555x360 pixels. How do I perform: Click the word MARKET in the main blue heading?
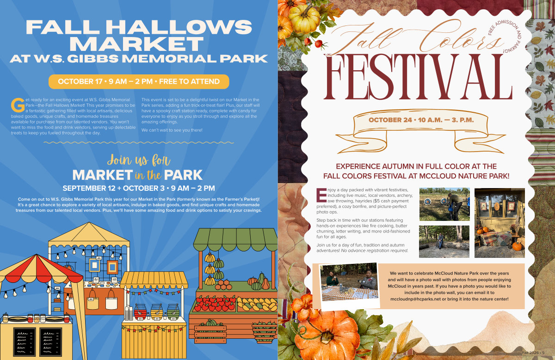click(136, 43)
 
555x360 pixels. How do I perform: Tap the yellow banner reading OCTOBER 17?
click(139, 81)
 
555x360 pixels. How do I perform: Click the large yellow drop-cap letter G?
click(18, 105)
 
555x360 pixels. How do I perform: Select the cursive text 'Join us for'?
click(139, 160)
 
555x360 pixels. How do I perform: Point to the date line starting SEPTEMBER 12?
click(139, 188)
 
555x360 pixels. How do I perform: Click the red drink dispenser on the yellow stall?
click(140, 312)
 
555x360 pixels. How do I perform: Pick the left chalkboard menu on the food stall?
click(24, 342)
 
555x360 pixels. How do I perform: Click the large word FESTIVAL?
click(418, 77)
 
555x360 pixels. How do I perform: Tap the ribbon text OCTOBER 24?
click(421, 120)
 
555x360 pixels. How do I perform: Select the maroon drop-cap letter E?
click(321, 195)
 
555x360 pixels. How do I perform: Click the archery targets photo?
click(444, 204)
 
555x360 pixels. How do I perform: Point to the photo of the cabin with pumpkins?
click(499, 223)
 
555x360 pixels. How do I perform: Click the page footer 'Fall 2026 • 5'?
click(533, 353)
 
